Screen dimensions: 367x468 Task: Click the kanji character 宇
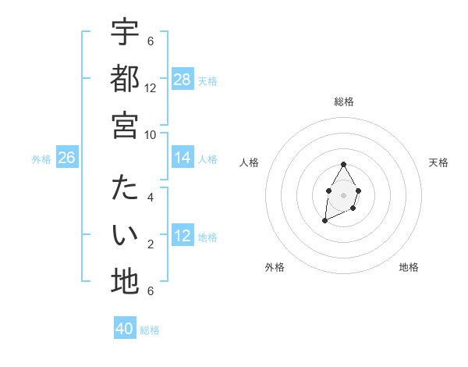pos(125,32)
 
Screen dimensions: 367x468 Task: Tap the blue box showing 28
pos(183,80)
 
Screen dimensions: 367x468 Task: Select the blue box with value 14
pos(183,158)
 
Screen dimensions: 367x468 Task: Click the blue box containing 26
pos(66,159)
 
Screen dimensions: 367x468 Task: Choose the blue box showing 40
pos(125,329)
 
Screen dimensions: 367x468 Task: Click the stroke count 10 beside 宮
pos(151,134)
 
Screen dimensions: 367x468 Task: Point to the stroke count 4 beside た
pos(151,197)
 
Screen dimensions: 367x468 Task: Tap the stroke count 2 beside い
pos(151,244)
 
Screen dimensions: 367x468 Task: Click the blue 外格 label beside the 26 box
pos(41,159)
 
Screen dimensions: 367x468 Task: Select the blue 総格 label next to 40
pos(150,330)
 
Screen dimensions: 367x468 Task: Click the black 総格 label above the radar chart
pos(343,102)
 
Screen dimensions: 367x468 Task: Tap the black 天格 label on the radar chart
pos(438,162)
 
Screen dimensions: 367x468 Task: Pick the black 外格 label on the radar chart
pos(275,267)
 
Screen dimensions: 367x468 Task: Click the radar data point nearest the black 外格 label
pos(324,221)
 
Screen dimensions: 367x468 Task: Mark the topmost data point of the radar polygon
pos(343,165)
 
